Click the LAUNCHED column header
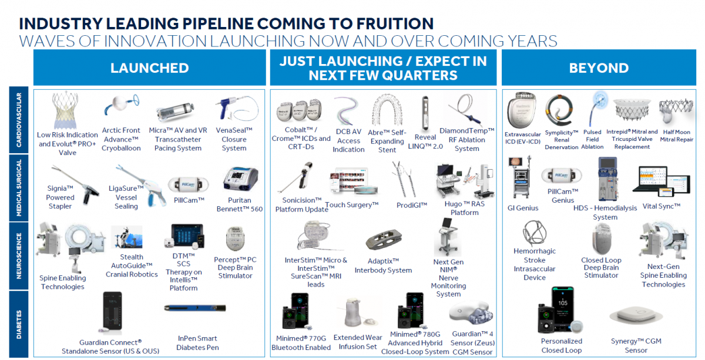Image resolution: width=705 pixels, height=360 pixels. [x=149, y=68]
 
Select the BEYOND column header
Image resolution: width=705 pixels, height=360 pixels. [x=599, y=68]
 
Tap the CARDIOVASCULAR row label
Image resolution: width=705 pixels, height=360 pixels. [x=19, y=120]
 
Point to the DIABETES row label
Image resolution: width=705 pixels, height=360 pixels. [x=19, y=324]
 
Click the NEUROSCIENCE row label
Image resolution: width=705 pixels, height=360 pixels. [x=19, y=255]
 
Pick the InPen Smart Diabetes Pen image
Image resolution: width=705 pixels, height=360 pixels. [x=195, y=308]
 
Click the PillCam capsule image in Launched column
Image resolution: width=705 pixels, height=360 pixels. [x=188, y=184]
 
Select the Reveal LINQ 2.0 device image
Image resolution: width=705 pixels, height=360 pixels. [x=425, y=113]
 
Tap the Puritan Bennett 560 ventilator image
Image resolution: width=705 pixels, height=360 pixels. [x=241, y=179]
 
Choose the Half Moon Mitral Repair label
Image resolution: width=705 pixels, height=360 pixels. [x=677, y=136]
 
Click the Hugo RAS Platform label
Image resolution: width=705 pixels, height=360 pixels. [x=465, y=208]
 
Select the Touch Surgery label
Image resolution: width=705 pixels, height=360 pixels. [x=351, y=204]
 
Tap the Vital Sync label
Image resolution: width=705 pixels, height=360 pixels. [x=662, y=206]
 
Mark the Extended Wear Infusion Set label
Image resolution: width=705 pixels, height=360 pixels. [x=358, y=342]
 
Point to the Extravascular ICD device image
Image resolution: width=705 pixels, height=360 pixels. [x=521, y=110]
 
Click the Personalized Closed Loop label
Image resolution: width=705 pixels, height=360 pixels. [x=562, y=345]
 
